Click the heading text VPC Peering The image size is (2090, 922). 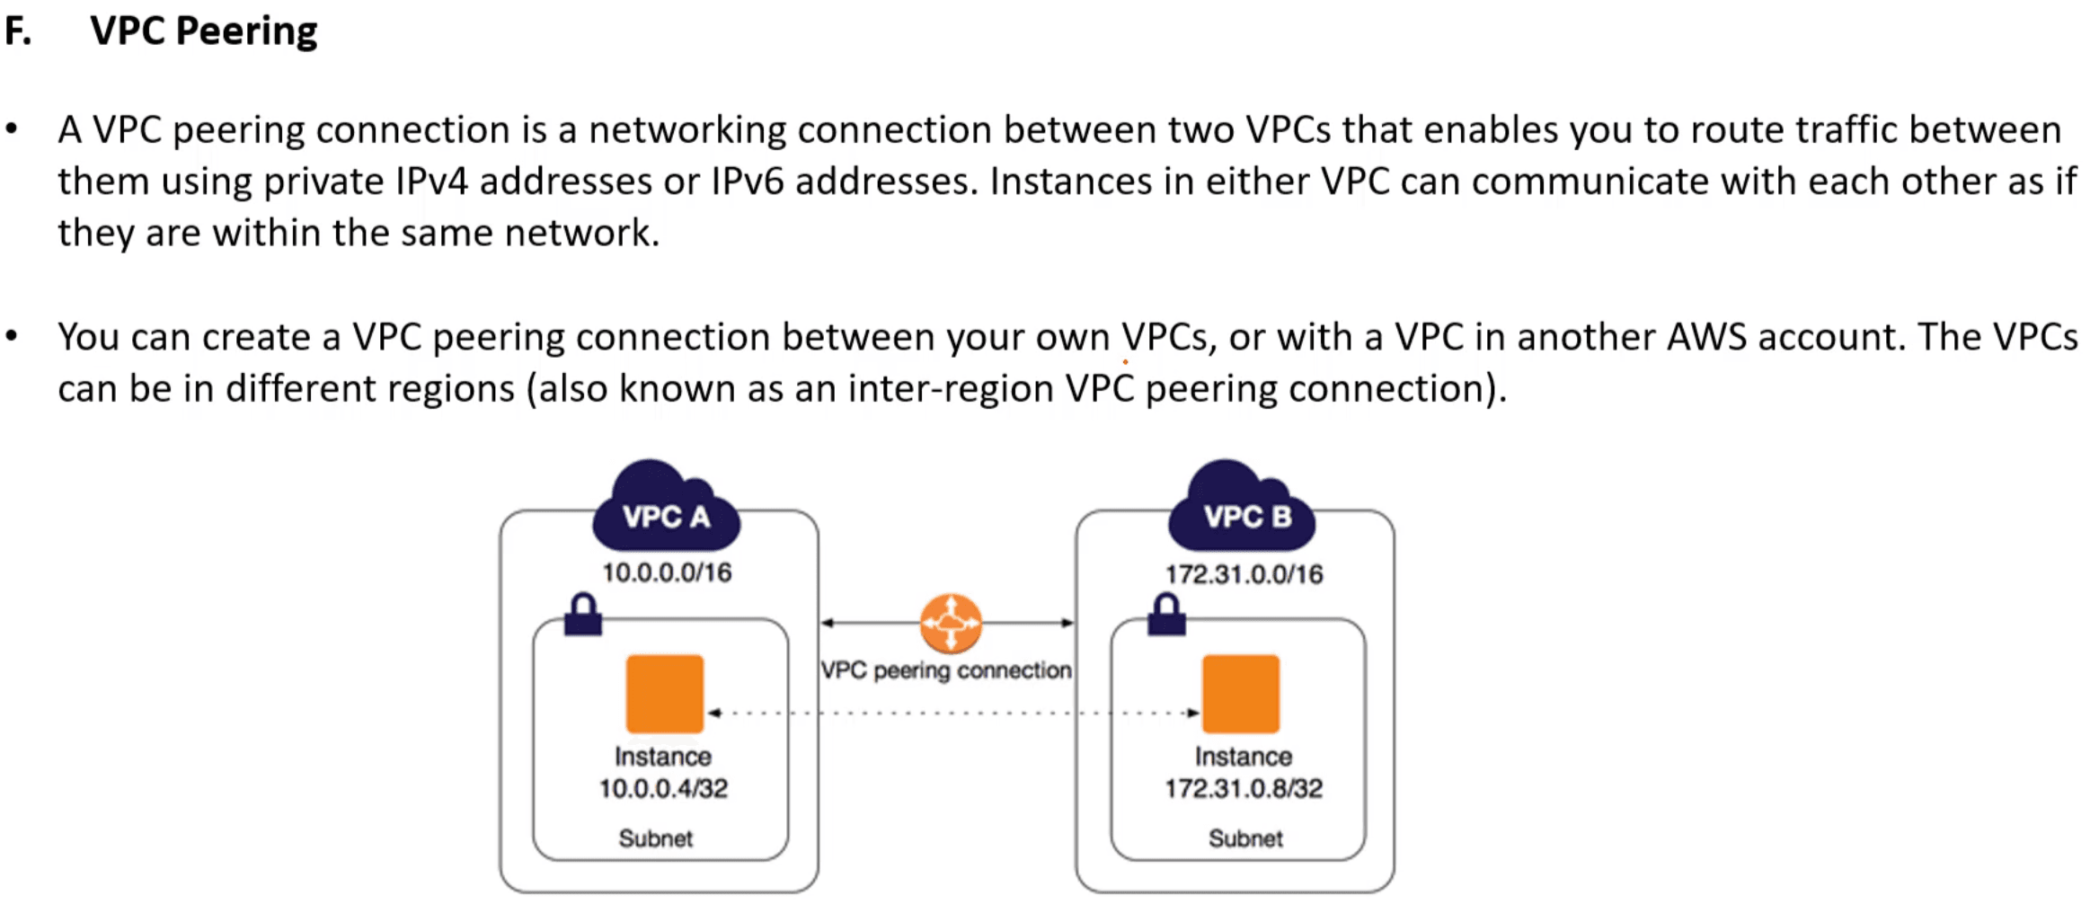point(203,31)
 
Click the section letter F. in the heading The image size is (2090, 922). point(18,31)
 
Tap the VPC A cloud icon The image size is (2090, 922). point(666,508)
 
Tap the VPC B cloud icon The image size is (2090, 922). point(1243,508)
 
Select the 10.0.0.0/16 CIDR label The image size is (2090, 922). point(667,572)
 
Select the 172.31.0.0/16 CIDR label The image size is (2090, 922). point(1244,574)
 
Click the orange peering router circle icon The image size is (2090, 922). point(951,623)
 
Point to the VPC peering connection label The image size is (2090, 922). point(945,670)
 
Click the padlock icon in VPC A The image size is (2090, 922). point(583,615)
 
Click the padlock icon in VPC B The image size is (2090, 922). point(1166,615)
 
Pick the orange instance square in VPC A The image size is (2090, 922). point(665,694)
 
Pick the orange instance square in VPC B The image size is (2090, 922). point(1241,694)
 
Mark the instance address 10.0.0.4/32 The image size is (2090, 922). point(663,788)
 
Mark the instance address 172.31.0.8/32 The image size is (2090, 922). point(1244,788)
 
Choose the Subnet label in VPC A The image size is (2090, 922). point(656,838)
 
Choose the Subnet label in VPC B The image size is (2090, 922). point(1245,838)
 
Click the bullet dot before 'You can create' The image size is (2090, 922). point(12,336)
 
